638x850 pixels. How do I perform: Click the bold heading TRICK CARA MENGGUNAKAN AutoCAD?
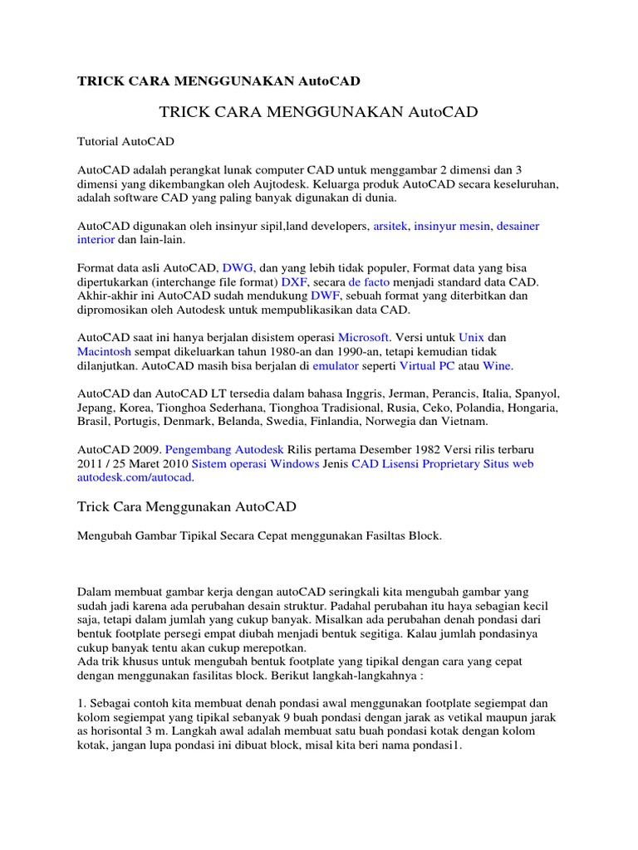point(218,81)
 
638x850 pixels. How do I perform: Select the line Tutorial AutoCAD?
point(125,142)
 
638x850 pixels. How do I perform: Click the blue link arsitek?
point(390,225)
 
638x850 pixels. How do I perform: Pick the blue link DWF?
point(326,296)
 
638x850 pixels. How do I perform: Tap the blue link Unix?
point(471,338)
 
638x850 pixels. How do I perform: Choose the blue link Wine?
point(497,365)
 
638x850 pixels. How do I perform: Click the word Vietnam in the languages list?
point(467,422)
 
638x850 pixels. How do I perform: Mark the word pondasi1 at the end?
point(434,745)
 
